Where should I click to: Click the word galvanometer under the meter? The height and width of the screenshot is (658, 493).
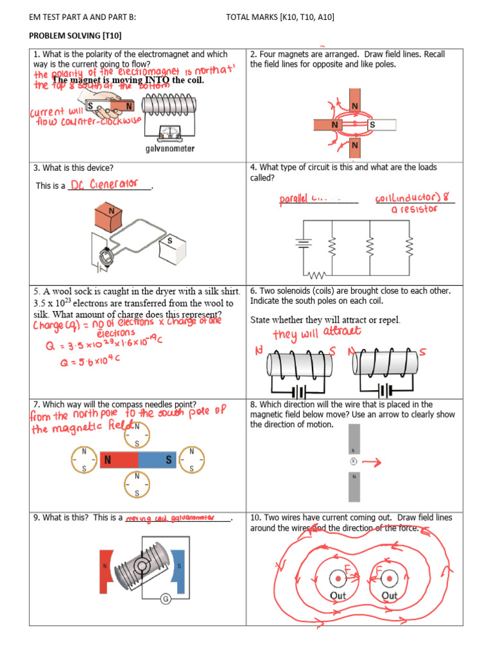click(169, 149)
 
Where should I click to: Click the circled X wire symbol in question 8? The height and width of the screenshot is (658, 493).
click(352, 461)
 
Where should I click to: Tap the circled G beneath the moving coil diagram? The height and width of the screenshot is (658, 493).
click(165, 600)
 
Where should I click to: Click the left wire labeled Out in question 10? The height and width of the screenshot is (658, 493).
click(337, 580)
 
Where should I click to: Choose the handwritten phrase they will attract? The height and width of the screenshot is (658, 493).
click(316, 333)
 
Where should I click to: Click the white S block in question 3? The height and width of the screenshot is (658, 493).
click(171, 247)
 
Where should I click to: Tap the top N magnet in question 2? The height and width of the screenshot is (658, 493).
click(354, 103)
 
